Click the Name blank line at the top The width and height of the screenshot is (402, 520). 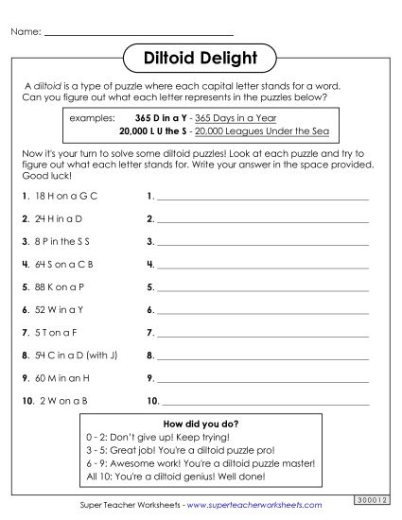pos(138,34)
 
